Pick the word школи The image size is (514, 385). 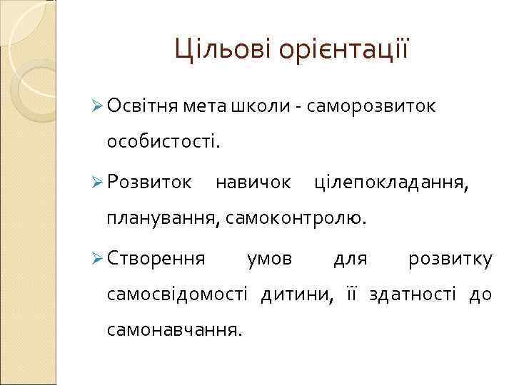(x=261, y=107)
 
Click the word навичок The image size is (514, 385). (x=253, y=184)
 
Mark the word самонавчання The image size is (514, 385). (x=173, y=330)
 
